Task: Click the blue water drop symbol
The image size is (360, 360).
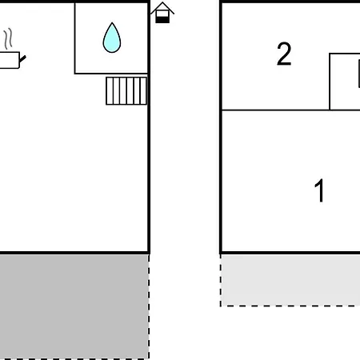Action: tap(112, 38)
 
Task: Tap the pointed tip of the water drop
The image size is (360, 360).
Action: tap(112, 23)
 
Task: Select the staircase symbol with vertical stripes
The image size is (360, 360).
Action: tap(126, 91)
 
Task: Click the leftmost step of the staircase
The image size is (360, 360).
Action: tap(110, 91)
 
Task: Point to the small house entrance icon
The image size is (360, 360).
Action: tap(162, 13)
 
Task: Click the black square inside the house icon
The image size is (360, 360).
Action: tap(162, 20)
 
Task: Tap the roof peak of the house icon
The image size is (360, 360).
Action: tap(162, 2)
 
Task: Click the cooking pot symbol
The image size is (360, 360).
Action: tap(10, 60)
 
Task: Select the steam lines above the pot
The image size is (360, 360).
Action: tap(8, 38)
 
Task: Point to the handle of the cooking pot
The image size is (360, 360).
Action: tap(23, 58)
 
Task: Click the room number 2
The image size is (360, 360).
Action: tap(284, 54)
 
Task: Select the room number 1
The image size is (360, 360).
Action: tap(319, 190)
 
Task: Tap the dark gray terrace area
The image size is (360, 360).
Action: tap(74, 306)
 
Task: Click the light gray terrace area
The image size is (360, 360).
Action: tap(290, 280)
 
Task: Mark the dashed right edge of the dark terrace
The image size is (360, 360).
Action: tap(149, 306)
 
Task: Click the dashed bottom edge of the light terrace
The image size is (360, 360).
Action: tap(290, 306)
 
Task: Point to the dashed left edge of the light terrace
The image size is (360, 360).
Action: tap(221, 281)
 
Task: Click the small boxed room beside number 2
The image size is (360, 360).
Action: tap(345, 82)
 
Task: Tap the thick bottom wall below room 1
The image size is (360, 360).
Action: tap(290, 252)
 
